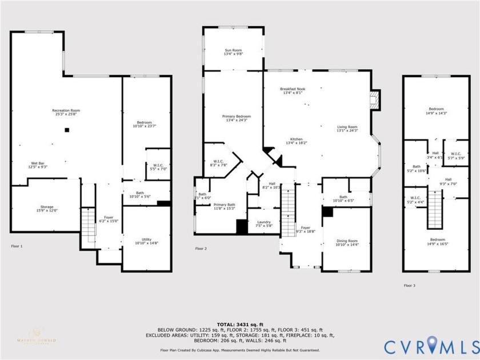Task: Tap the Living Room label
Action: tap(347, 129)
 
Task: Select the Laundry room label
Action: tap(263, 223)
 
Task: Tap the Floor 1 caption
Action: tap(17, 246)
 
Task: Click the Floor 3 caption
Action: tap(410, 285)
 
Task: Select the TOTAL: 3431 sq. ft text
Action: tap(239, 324)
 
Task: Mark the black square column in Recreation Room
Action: tap(67, 130)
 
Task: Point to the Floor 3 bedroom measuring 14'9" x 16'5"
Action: tap(436, 241)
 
